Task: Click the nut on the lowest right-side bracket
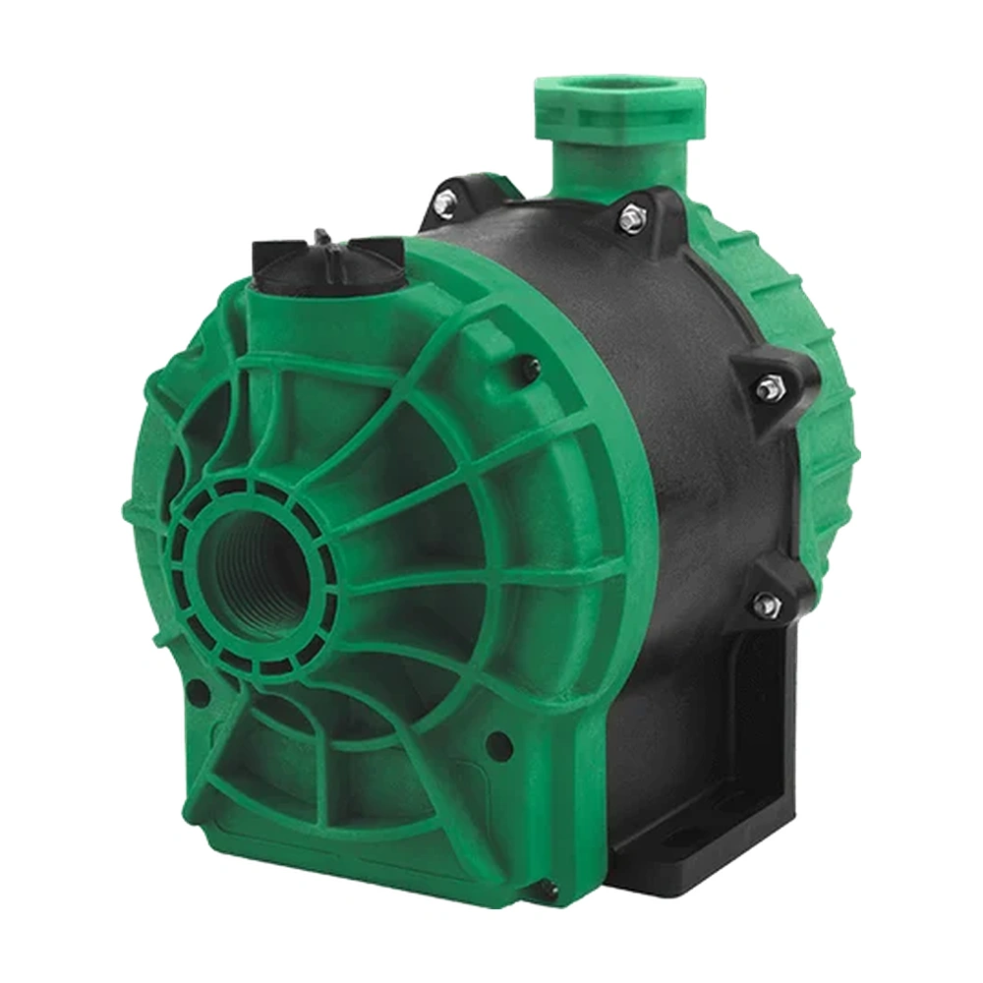[x=765, y=601]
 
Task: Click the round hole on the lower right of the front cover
[x=499, y=742]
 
